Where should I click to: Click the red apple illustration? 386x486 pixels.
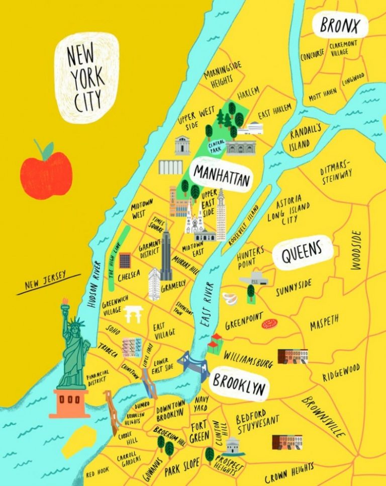coord(46,174)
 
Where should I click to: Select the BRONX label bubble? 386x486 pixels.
coord(340,25)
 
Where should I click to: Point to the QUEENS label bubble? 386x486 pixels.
coord(302,253)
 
